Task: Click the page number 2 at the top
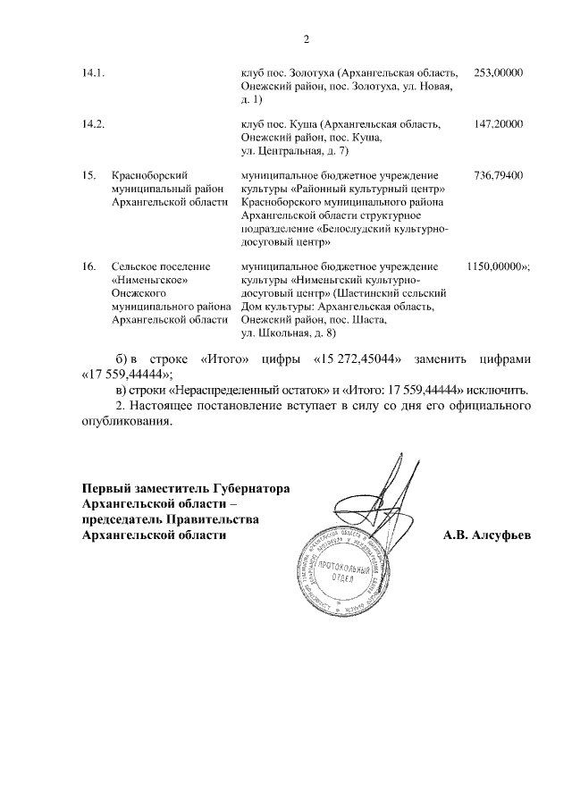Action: click(306, 39)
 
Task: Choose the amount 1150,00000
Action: click(495, 267)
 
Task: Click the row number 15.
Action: click(88, 177)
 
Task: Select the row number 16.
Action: click(88, 267)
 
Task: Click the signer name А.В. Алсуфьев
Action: click(486, 535)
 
